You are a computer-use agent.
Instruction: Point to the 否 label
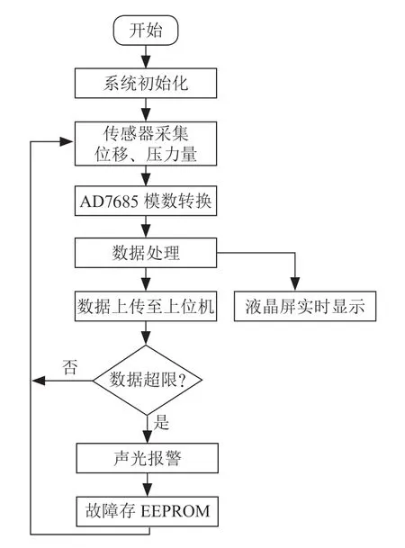tap(69, 367)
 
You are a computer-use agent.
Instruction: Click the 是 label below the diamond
tap(161, 422)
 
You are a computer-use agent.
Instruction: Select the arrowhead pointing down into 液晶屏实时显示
tap(295, 283)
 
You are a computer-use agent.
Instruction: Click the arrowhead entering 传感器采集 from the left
tap(67, 141)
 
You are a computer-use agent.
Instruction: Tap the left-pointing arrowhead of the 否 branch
tap(39, 381)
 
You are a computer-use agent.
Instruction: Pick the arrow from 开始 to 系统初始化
tap(146, 57)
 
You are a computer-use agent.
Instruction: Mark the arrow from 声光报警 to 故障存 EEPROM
tap(148, 485)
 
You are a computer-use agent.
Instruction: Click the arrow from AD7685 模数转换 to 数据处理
tap(146, 227)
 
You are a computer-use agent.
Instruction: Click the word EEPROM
tap(175, 511)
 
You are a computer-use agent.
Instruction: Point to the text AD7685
tap(109, 202)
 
